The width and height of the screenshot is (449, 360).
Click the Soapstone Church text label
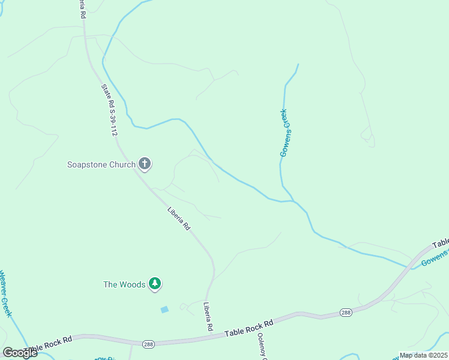point(101,164)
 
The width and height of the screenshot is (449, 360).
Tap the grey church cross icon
point(145,163)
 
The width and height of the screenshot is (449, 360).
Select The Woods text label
point(124,284)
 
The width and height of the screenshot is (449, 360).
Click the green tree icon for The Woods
point(155,284)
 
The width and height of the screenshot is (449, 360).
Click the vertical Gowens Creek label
point(285,133)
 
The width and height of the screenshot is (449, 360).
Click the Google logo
point(20,353)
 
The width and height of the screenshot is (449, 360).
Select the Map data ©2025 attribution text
point(423,355)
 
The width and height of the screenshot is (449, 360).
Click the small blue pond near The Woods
point(164,310)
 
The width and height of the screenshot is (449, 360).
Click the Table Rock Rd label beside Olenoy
point(249,327)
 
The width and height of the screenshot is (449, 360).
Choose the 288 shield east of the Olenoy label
point(346,312)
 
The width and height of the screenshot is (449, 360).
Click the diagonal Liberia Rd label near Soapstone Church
point(178,218)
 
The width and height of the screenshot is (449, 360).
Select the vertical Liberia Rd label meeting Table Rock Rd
point(208,316)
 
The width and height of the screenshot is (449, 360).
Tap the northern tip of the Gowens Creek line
point(298,64)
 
